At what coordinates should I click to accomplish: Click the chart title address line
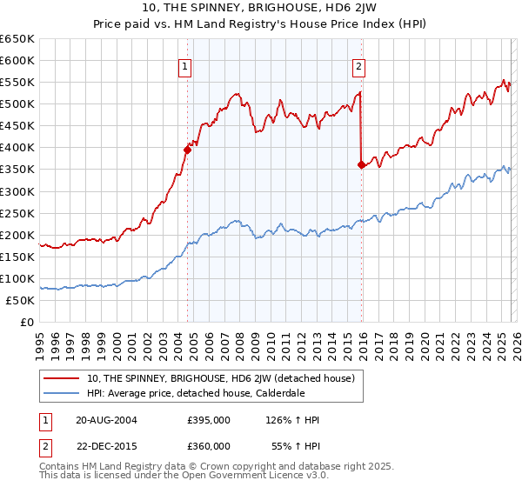click(x=260, y=8)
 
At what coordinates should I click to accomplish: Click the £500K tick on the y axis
click(x=17, y=104)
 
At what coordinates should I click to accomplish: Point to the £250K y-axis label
click(x=17, y=213)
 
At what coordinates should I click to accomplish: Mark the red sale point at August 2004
click(x=187, y=150)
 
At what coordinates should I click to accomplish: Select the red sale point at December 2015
click(x=361, y=164)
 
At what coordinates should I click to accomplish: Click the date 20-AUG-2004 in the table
click(x=106, y=420)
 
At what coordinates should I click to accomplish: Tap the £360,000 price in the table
click(x=208, y=444)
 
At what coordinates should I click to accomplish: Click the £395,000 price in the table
click(x=208, y=420)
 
